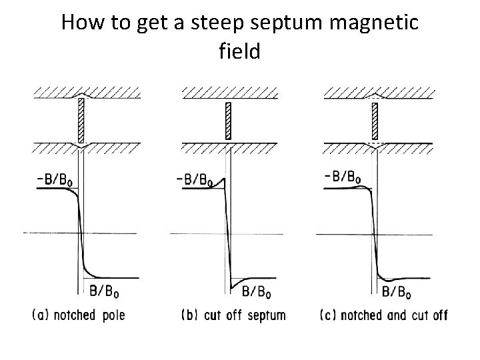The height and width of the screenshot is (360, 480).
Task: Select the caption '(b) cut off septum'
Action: (x=233, y=315)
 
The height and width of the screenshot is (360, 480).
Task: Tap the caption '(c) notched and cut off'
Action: (x=384, y=315)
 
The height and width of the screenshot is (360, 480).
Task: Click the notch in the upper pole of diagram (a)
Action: (x=81, y=96)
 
